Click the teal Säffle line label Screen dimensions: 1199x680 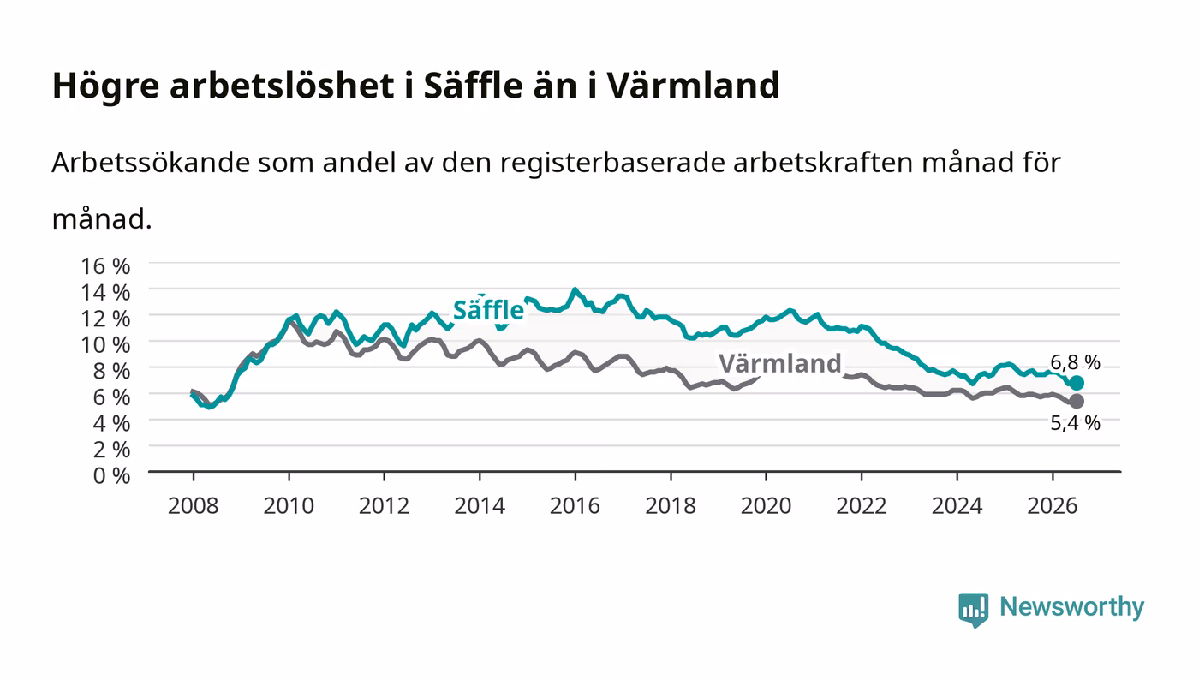(488, 310)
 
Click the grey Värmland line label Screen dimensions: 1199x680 (780, 364)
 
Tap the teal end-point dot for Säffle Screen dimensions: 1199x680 (1077, 383)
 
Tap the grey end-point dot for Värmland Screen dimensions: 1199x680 (1077, 401)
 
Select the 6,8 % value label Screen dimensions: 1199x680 (1075, 362)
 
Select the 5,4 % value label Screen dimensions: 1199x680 (1075, 423)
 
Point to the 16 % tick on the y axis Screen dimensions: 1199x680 (105, 266)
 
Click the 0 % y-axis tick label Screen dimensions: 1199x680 (112, 475)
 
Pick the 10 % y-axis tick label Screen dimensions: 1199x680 (105, 345)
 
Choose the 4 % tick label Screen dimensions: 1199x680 (112, 424)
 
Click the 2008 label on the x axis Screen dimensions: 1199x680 (194, 505)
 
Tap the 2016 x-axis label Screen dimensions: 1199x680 (575, 505)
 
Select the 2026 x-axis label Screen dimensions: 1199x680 (1053, 505)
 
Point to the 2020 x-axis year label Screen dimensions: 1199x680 (766, 505)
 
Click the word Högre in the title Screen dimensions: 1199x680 (105, 86)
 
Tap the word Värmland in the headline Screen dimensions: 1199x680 (693, 85)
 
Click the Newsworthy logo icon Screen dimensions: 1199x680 (973, 609)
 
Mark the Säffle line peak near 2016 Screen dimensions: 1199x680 (575, 289)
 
